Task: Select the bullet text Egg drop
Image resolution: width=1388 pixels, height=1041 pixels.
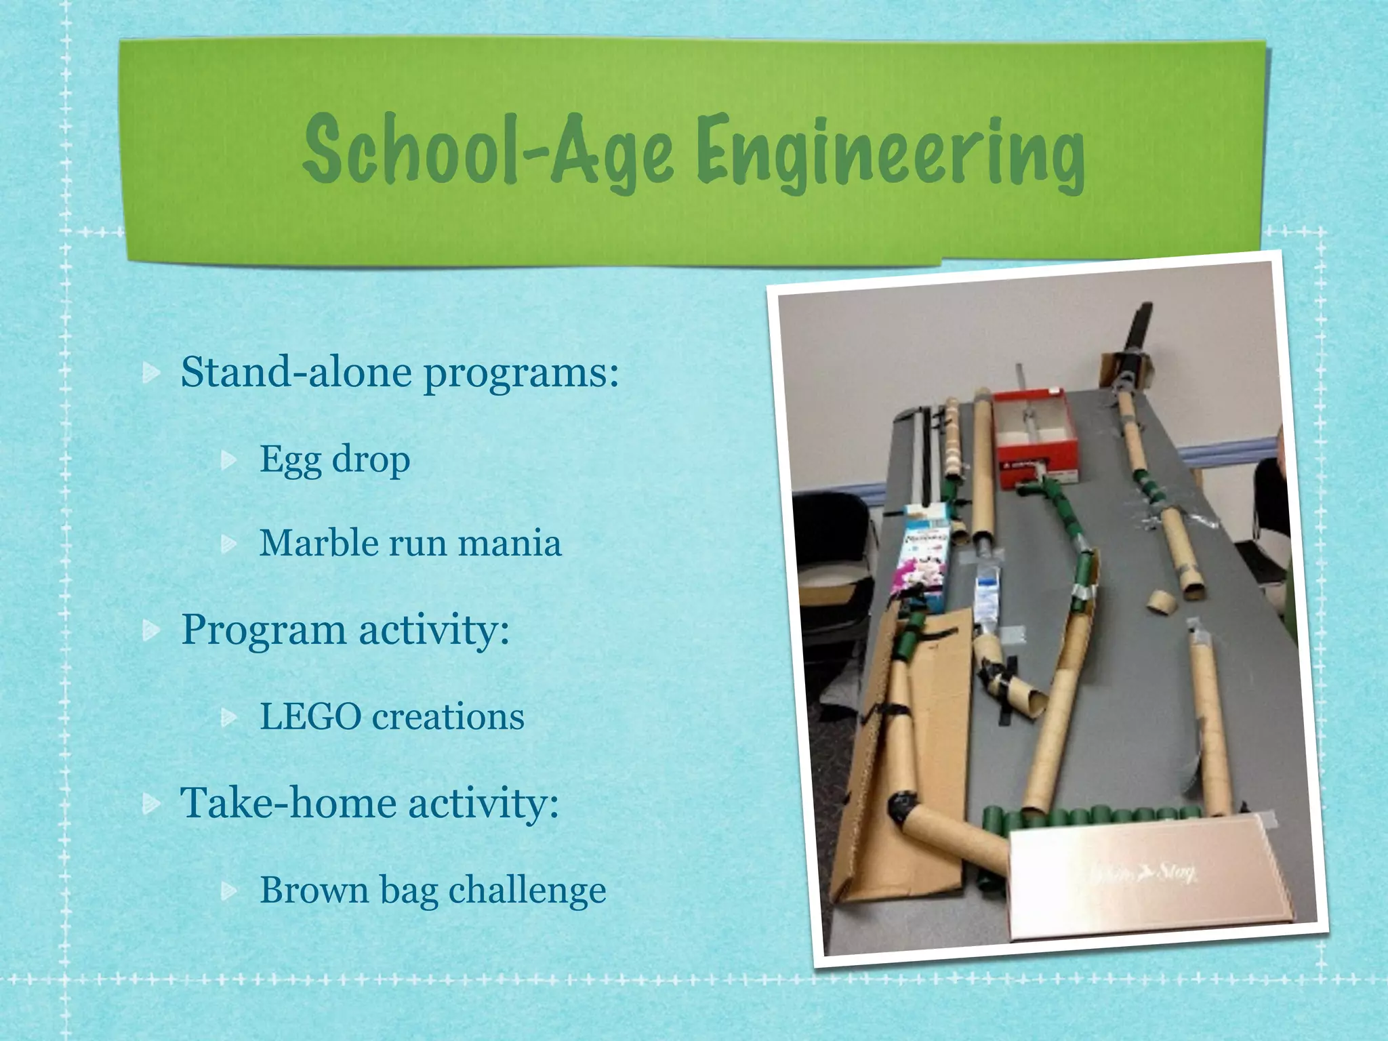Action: click(x=335, y=460)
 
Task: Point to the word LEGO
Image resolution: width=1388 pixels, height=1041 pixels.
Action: click(x=310, y=717)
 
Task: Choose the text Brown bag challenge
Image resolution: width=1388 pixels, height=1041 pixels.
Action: click(x=432, y=890)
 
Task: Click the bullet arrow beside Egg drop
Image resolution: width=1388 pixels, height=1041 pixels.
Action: click(x=230, y=461)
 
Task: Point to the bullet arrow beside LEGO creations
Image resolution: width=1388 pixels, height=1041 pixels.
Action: click(x=230, y=717)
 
